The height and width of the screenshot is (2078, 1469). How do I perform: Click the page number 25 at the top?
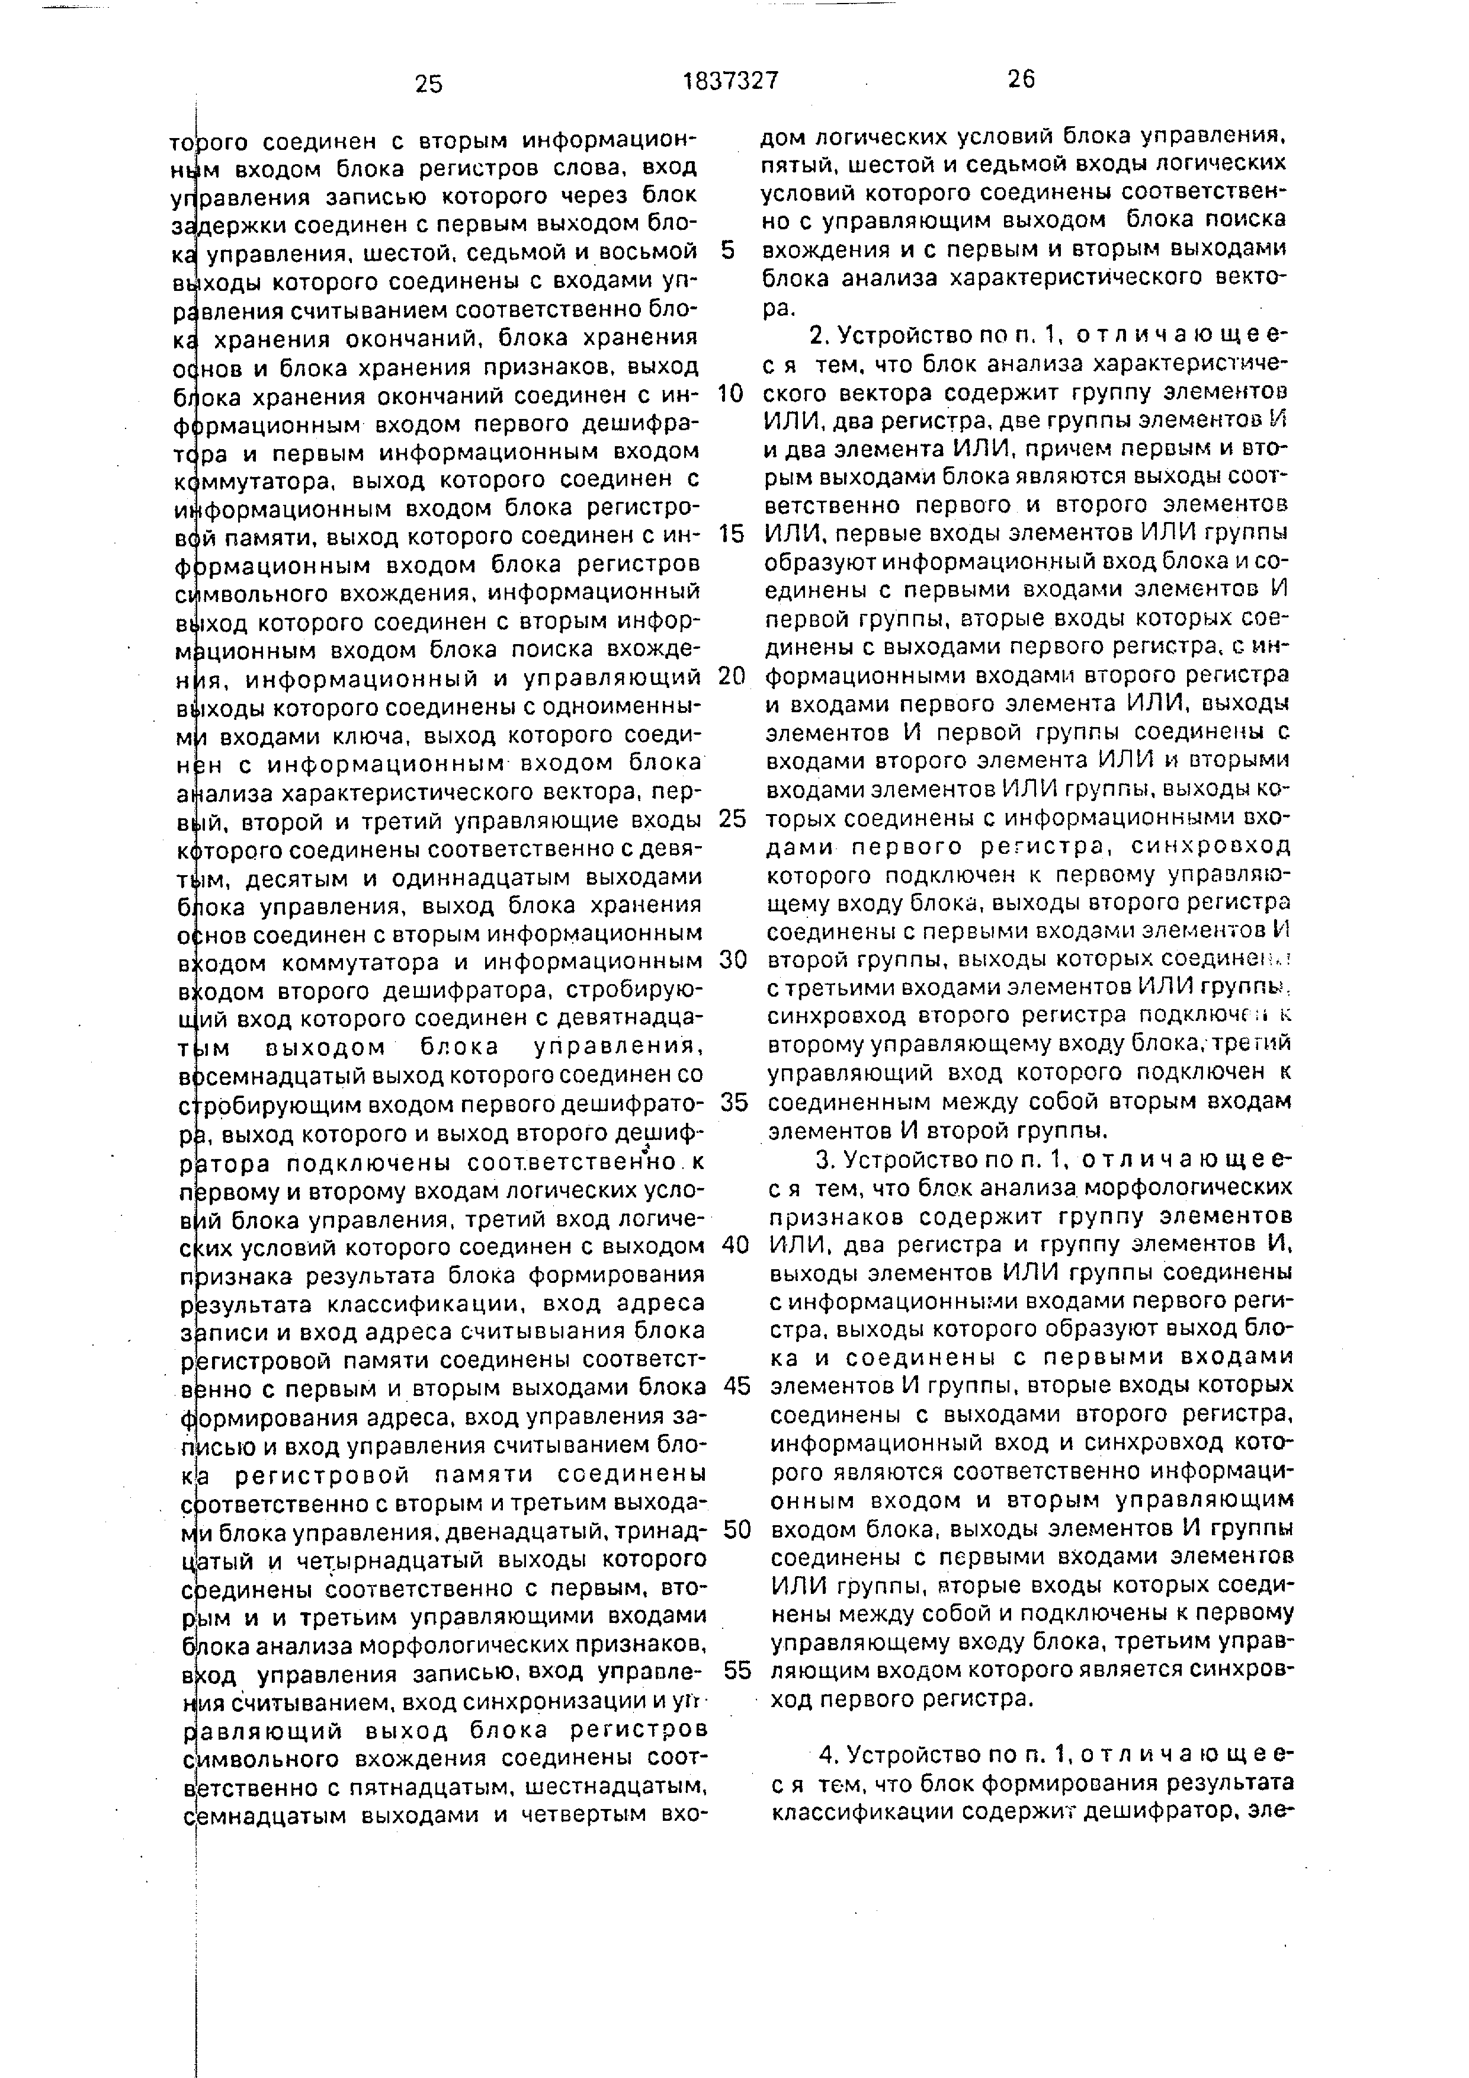(x=429, y=84)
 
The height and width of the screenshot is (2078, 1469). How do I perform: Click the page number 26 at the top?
(x=1021, y=79)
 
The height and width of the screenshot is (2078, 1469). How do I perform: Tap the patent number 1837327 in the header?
(x=730, y=81)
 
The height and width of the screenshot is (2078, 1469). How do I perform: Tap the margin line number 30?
(x=733, y=959)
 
